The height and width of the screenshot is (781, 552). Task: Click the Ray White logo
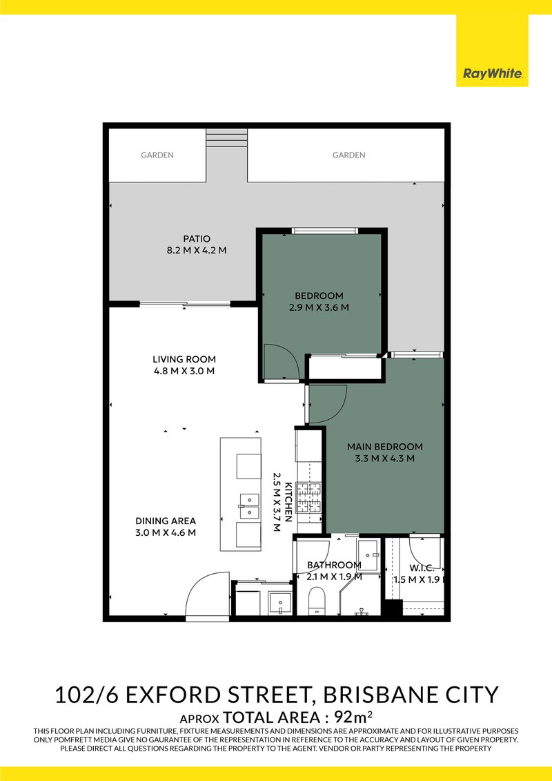pyautogui.click(x=492, y=73)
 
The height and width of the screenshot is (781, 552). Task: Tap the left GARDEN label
pyautogui.click(x=157, y=155)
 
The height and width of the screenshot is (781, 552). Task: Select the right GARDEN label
pyautogui.click(x=348, y=155)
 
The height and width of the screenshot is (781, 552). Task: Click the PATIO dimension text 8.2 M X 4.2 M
pyautogui.click(x=183, y=250)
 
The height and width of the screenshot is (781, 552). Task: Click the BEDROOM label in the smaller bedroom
pyautogui.click(x=319, y=296)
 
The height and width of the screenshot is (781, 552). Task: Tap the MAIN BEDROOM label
pyautogui.click(x=384, y=446)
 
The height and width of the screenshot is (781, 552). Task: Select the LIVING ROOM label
pyautogui.click(x=184, y=359)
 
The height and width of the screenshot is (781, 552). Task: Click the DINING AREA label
pyautogui.click(x=166, y=521)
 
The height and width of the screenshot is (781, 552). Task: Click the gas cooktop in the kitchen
pyautogui.click(x=310, y=498)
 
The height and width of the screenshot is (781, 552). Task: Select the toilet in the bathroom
pyautogui.click(x=317, y=599)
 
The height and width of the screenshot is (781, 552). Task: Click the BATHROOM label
pyautogui.click(x=334, y=566)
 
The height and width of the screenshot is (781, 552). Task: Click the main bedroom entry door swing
pyautogui.click(x=328, y=404)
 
